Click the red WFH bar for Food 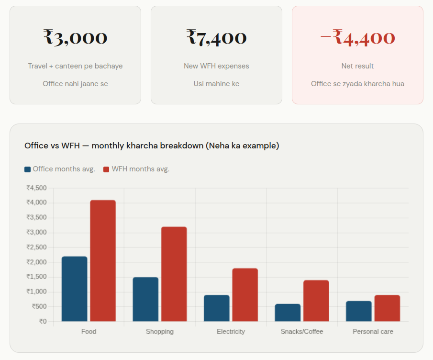(103, 261)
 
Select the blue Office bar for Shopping (145, 299)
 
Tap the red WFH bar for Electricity (245, 295)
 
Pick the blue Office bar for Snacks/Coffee (288, 313)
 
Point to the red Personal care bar (387, 308)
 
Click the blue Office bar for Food (75, 289)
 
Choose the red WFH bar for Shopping (174, 274)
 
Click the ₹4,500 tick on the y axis (36, 188)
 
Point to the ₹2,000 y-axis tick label (36, 262)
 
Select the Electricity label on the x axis (231, 331)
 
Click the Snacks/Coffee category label (302, 331)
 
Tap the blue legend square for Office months (28, 169)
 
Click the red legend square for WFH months (107, 169)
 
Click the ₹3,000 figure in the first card (75, 37)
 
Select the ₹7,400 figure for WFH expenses (216, 37)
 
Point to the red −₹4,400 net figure (357, 37)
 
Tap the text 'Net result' (357, 66)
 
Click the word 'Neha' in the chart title (215, 146)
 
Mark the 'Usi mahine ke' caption (216, 84)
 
